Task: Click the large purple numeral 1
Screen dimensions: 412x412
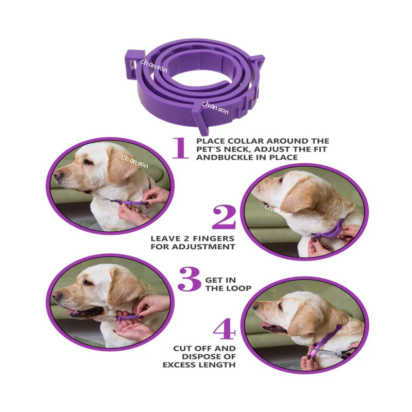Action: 180,148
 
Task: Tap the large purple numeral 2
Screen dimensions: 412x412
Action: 224,217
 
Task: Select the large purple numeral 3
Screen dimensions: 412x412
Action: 189,279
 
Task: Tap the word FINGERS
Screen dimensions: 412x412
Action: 215,239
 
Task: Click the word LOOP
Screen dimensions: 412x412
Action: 239,288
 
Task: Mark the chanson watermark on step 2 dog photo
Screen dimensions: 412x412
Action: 278,211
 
